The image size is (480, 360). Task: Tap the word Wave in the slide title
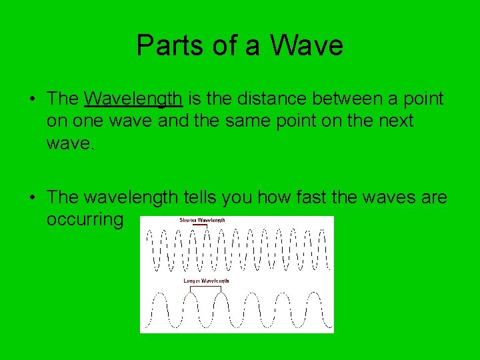(307, 46)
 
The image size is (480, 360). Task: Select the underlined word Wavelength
(134, 99)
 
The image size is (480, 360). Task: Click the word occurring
(85, 219)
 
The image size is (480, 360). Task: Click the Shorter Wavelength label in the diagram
(203, 220)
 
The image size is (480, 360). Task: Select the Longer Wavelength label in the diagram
(206, 281)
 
